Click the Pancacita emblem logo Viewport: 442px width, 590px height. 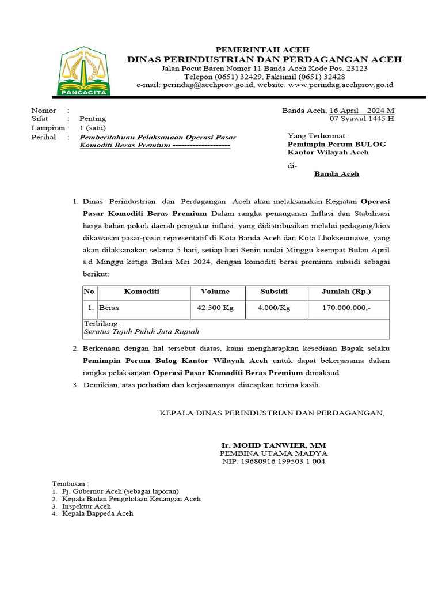tap(85, 71)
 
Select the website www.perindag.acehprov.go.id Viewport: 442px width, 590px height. tap(340, 85)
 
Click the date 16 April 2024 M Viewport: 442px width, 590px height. tap(361, 111)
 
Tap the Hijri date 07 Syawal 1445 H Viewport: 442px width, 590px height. tap(361, 119)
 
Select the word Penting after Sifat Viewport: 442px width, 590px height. tap(93, 119)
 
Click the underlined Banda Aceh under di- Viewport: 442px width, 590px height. tap(337, 173)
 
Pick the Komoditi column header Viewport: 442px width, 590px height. tap(142, 292)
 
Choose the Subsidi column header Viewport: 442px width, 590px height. tap(274, 292)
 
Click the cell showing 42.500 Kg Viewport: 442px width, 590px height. tap(215, 308)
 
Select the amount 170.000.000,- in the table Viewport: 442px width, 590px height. tap(346, 308)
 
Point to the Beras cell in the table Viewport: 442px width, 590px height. tap(109, 308)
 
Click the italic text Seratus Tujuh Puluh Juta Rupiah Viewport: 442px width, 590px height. tap(142, 332)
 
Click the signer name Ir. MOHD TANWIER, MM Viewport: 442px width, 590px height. tap(274, 446)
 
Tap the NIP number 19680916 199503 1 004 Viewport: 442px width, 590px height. tap(274, 462)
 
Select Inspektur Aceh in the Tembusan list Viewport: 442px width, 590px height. tap(86, 506)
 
